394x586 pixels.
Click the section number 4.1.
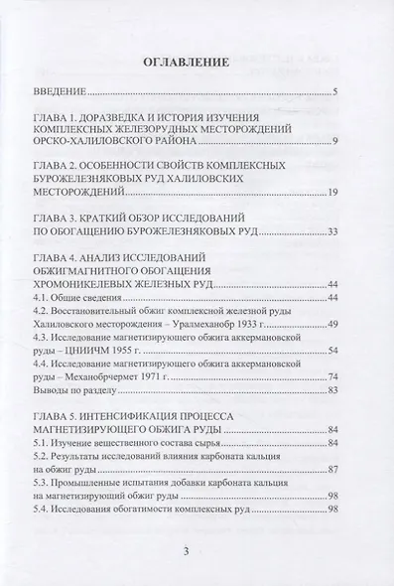pyautogui.click(x=69, y=297)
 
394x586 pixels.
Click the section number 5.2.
pyautogui.click(x=69, y=456)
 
